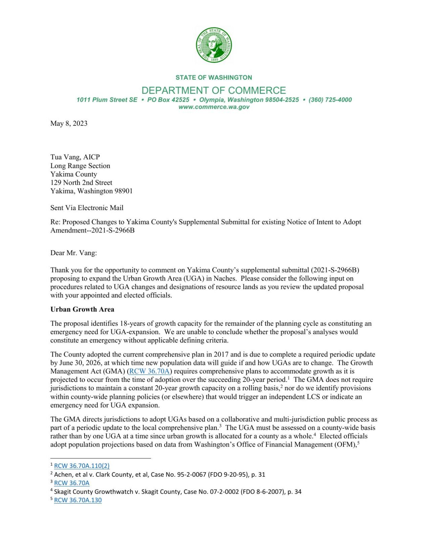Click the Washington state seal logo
click(214, 45)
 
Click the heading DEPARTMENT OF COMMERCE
click(213, 90)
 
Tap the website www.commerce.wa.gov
click(214, 107)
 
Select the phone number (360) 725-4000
click(330, 100)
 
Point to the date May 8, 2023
click(69, 123)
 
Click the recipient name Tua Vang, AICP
click(75, 157)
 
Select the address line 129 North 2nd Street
click(81, 182)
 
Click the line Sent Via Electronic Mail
click(87, 208)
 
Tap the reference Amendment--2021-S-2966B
click(92, 230)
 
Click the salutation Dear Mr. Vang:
click(73, 253)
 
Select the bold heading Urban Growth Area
click(82, 309)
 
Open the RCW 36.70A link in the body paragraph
click(150, 371)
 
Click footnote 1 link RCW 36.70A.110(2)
click(82, 466)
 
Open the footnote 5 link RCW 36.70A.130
click(78, 500)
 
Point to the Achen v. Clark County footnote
click(159, 474)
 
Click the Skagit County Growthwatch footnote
click(177, 492)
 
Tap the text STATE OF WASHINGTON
click(213, 78)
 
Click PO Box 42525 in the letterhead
click(168, 100)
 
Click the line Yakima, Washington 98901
click(91, 191)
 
